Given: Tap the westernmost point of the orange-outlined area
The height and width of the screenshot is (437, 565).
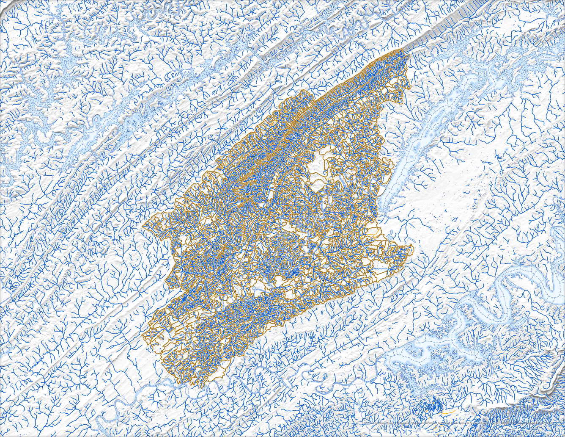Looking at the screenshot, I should (143, 226).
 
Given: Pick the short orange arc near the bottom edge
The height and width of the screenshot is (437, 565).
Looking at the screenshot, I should (448, 412).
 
